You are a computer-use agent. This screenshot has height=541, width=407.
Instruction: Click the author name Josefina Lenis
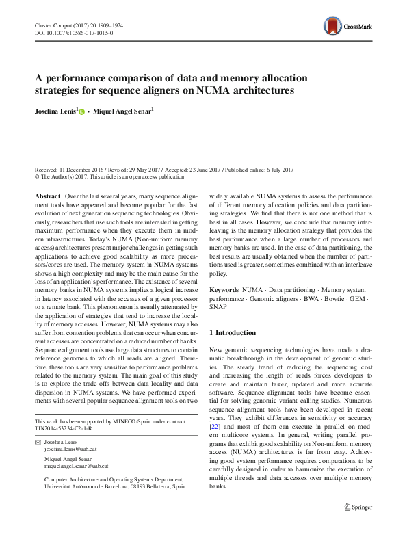[57, 111]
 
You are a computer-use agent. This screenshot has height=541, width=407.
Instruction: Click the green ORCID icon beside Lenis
[82, 111]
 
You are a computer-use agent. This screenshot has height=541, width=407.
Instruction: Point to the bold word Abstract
[47, 196]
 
